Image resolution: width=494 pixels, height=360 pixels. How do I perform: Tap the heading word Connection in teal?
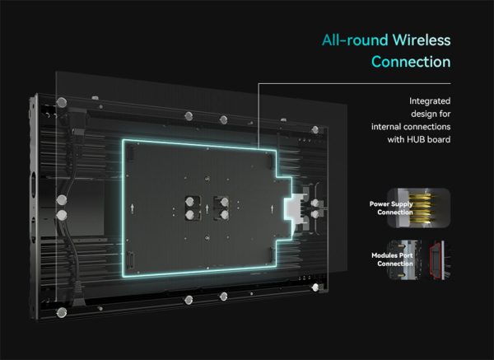click(411, 62)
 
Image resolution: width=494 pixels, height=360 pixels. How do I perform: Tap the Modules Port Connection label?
click(390, 259)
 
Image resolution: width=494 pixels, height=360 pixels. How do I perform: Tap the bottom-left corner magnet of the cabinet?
click(60, 312)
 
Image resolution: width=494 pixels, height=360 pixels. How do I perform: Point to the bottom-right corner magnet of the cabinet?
click(314, 288)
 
